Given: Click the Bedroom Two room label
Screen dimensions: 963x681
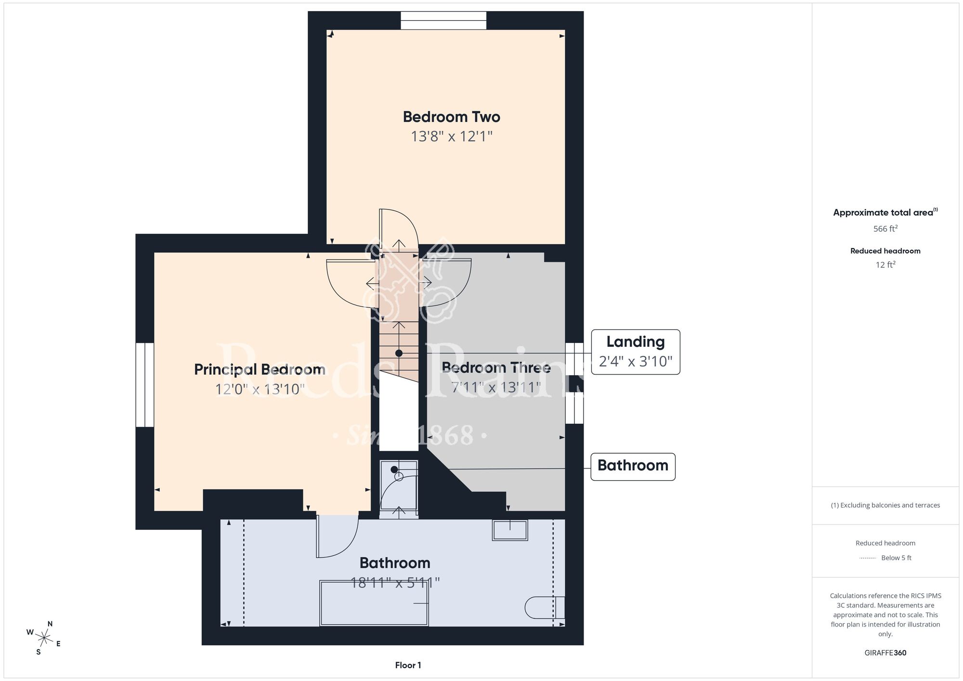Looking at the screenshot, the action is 451,117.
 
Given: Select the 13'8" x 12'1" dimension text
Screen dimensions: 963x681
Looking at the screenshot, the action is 451,136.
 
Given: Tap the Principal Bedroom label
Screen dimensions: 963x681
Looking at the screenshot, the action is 260,370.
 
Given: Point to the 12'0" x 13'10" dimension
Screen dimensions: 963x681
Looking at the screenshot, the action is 260,389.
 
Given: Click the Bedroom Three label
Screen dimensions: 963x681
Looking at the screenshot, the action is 496,368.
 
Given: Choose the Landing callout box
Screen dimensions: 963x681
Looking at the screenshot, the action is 636,352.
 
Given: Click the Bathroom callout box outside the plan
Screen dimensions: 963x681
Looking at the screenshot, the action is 633,466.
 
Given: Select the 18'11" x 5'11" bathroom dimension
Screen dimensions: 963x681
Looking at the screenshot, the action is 395,583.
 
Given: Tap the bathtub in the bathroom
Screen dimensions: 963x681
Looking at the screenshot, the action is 374,603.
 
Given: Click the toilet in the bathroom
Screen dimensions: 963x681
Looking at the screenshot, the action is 545,607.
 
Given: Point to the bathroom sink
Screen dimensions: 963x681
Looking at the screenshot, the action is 510,530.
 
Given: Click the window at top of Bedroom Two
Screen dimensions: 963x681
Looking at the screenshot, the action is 443,21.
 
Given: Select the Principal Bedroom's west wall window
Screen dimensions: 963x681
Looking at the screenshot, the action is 144,385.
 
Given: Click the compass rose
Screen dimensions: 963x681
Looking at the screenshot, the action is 44,639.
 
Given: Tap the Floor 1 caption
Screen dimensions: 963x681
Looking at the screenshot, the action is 408,665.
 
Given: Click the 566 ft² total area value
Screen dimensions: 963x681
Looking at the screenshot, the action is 885,228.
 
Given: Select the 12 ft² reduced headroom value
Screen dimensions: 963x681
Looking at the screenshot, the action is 885,264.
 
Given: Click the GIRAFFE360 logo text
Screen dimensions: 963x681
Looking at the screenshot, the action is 885,653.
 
